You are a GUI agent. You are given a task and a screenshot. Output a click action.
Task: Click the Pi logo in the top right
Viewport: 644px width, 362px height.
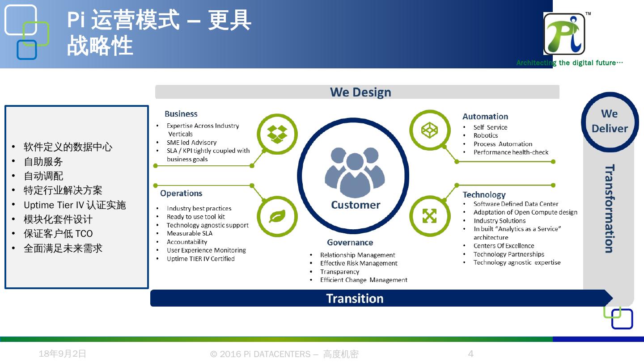564,34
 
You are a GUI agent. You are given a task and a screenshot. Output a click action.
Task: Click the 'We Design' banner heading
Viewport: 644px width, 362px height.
360,92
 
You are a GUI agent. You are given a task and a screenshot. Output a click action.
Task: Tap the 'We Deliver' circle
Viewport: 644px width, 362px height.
610,121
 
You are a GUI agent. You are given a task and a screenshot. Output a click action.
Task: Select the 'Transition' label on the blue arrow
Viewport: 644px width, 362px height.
355,299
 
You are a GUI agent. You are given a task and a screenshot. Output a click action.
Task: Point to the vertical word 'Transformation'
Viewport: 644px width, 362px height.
609,209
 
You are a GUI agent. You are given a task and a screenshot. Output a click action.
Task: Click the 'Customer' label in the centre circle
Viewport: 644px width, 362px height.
356,205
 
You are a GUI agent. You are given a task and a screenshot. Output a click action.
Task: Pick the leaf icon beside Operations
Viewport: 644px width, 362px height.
277,216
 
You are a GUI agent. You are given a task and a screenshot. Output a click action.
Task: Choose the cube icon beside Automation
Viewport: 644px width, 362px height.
430,130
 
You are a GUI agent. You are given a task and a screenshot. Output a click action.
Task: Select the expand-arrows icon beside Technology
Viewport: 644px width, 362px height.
429,216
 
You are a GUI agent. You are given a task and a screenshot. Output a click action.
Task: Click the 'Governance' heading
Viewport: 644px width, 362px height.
350,243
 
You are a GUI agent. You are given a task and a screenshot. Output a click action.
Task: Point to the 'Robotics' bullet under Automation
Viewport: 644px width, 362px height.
486,135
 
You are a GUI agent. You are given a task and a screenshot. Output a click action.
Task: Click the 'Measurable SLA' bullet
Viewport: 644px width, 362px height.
190,233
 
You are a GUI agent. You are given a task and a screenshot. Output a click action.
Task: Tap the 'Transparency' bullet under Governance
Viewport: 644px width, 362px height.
339,272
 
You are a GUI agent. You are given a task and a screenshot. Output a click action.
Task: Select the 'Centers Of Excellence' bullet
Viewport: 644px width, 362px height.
504,246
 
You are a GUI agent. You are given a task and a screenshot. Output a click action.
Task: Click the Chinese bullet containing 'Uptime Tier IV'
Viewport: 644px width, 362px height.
75,205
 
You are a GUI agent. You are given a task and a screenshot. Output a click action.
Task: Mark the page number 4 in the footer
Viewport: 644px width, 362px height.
470,354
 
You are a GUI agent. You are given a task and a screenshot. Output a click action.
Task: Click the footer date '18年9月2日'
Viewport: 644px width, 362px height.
63,354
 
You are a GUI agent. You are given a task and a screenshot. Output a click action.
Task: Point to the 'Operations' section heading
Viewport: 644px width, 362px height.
181,194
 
